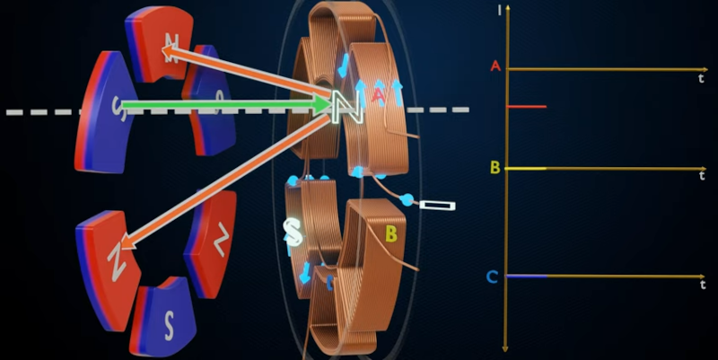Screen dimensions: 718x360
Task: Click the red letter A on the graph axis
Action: (495, 66)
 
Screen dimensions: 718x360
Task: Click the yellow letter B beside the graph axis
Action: (495, 168)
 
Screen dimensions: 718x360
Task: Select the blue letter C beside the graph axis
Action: (492, 277)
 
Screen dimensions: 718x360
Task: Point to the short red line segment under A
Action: (527, 107)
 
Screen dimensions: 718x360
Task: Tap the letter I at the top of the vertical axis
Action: (500, 10)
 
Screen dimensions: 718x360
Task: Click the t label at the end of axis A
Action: (701, 79)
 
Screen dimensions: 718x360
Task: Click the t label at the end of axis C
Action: (703, 285)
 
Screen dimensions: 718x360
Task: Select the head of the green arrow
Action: (323, 104)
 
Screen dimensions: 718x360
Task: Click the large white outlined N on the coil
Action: (348, 107)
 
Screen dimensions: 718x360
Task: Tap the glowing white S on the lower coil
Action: (293, 232)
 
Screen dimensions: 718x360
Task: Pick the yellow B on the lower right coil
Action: (391, 233)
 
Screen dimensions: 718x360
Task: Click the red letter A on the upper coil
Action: (378, 95)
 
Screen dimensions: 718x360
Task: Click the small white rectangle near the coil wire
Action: (437, 206)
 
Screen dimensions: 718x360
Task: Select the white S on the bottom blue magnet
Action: (169, 327)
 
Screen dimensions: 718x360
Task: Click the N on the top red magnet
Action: (171, 48)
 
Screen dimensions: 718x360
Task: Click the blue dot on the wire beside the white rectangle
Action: (407, 199)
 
